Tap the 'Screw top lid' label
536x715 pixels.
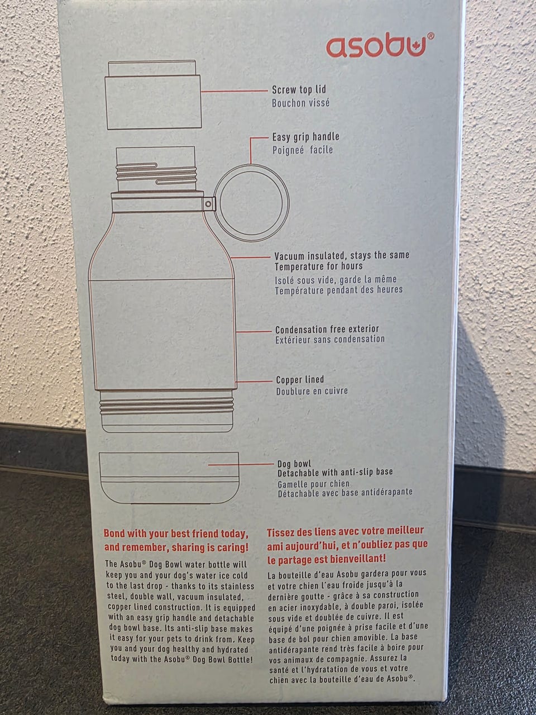click(299, 89)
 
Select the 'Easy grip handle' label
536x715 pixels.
click(305, 137)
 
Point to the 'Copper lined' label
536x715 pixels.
click(300, 380)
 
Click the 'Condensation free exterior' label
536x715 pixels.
click(327, 330)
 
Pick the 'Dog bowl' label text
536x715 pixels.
click(294, 464)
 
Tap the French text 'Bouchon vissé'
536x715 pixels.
click(301, 103)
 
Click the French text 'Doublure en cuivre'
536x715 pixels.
click(312, 391)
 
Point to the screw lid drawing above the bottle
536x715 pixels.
click(152, 95)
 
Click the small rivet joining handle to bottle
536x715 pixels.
click(208, 204)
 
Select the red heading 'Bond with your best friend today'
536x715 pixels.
click(176, 533)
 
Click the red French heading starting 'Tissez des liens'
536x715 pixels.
click(347, 545)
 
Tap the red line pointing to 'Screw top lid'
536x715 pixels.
click(234, 91)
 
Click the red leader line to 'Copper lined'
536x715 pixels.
click(254, 381)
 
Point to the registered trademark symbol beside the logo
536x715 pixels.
click(430, 36)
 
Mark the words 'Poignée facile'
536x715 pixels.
click(303, 150)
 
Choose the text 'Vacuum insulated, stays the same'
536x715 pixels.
click(342, 256)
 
